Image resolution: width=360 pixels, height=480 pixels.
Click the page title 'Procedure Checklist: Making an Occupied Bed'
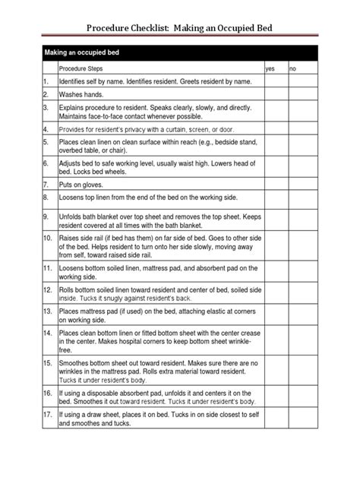(180, 28)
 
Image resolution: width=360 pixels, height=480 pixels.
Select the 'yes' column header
(269, 68)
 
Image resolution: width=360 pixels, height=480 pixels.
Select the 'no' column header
(293, 68)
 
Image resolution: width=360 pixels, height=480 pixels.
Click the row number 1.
(46, 81)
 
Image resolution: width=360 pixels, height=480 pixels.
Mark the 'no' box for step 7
(302, 183)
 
